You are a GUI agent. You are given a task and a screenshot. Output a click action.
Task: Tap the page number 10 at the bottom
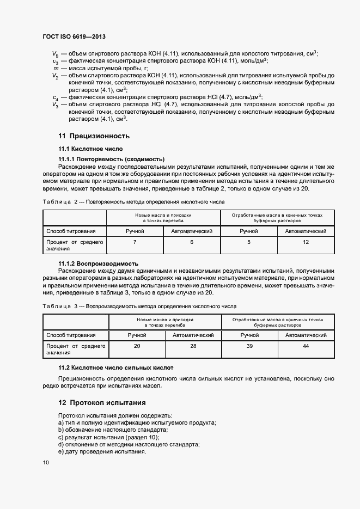[46, 462]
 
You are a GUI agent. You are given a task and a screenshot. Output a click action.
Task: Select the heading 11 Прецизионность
[94, 136]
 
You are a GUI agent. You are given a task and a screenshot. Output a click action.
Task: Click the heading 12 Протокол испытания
[102, 403]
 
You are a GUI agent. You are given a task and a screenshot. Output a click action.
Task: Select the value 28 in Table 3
[193, 346]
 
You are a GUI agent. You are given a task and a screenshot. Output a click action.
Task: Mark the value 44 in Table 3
[306, 346]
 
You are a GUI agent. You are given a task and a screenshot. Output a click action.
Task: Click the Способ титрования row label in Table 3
[71, 335]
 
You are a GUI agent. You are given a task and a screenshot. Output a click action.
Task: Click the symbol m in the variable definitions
[55, 68]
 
